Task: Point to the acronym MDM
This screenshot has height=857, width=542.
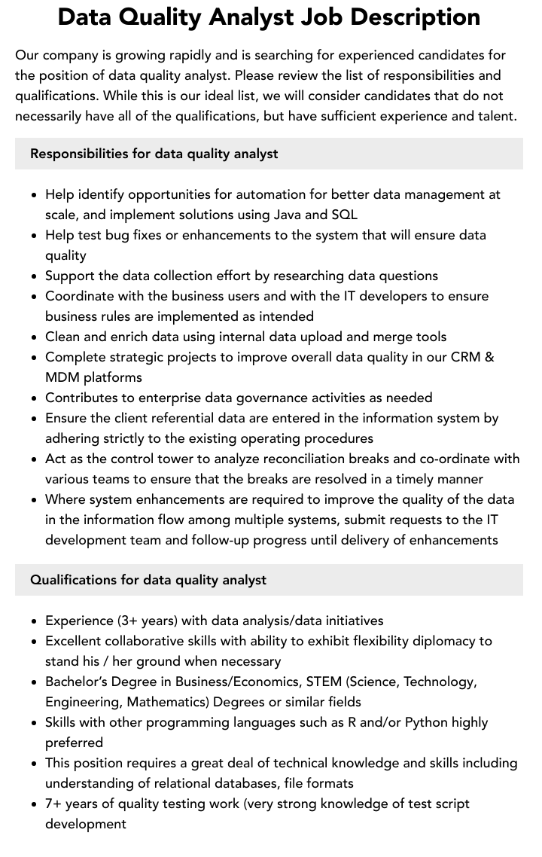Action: coord(63,377)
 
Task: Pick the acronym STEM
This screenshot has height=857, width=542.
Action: coord(346,682)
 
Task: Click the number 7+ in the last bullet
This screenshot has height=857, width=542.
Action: coord(54,804)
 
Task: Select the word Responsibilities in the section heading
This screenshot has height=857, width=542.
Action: coord(79,154)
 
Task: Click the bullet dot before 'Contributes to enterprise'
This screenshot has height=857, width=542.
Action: coord(34,398)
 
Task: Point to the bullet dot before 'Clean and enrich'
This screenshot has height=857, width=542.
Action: coord(34,337)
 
